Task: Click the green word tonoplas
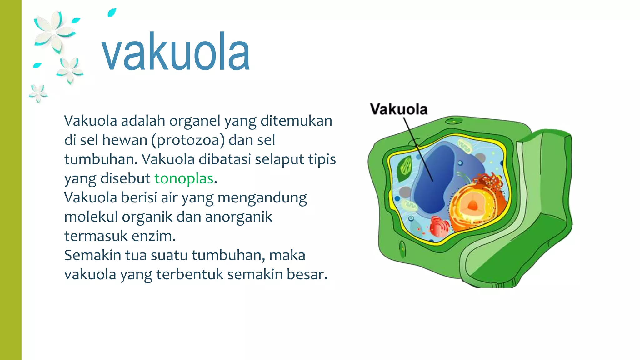184,178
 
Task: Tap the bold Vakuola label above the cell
399,109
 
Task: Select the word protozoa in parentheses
188,140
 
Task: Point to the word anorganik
238,217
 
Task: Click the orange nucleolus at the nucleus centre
472,205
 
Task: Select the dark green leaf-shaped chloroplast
405,169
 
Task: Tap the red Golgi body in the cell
439,226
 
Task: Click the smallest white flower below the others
38,93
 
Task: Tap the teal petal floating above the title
112,13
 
